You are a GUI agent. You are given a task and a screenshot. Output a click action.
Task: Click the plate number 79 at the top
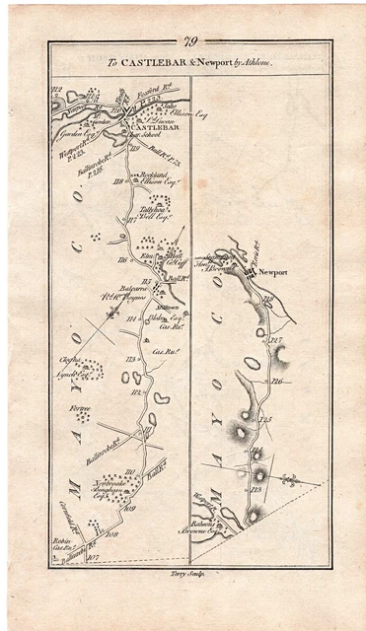[187, 40]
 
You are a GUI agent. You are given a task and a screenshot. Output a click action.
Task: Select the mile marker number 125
[265, 421]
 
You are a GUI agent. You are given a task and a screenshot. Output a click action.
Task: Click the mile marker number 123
[258, 490]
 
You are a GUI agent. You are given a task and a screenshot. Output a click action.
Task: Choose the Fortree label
[79, 407]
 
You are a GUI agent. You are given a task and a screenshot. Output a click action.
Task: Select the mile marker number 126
[278, 381]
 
